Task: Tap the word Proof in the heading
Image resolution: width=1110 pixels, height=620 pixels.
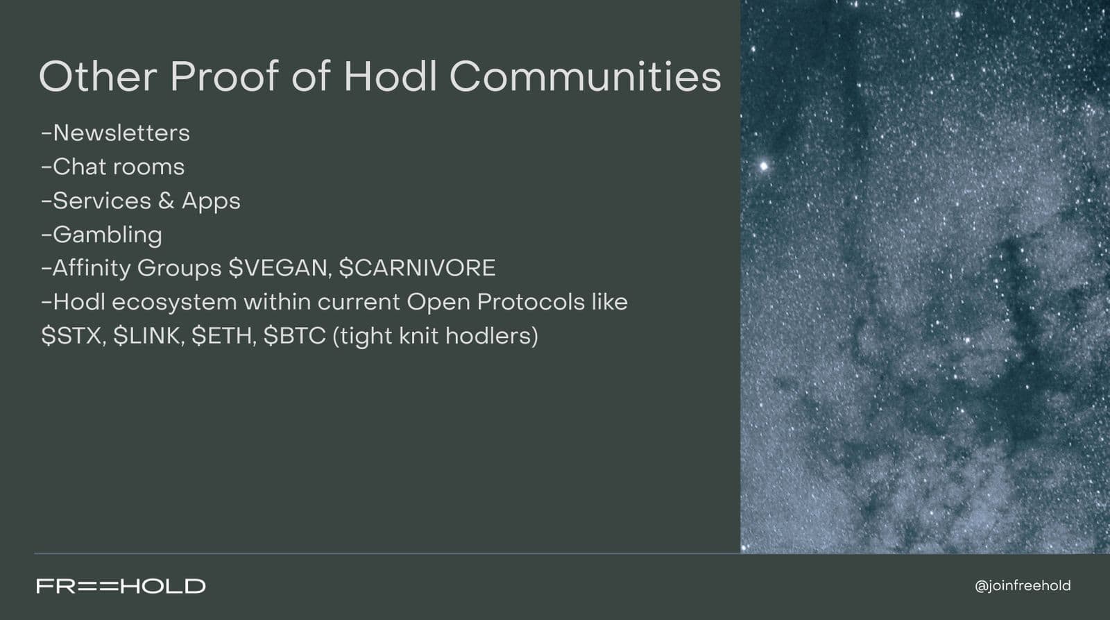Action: click(223, 76)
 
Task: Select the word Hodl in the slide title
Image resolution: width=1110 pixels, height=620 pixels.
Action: click(390, 76)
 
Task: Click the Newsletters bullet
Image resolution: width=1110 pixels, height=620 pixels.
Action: click(115, 133)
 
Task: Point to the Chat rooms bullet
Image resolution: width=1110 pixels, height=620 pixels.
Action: click(112, 167)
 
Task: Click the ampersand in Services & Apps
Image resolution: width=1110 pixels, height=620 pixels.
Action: click(166, 201)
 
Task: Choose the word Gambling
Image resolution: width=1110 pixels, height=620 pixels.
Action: click(107, 235)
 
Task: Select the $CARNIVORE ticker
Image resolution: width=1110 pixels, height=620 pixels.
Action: click(417, 268)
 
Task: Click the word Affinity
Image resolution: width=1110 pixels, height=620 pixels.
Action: click(91, 268)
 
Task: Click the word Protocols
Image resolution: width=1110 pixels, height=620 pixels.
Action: click(531, 302)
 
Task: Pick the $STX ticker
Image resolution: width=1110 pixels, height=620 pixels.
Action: click(72, 336)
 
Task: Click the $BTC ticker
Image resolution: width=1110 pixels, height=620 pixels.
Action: click(294, 336)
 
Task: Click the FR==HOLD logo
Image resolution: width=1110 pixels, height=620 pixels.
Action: click(121, 586)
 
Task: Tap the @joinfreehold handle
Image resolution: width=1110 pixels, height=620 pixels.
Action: click(1023, 586)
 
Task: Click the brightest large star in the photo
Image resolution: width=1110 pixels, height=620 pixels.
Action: click(764, 165)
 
